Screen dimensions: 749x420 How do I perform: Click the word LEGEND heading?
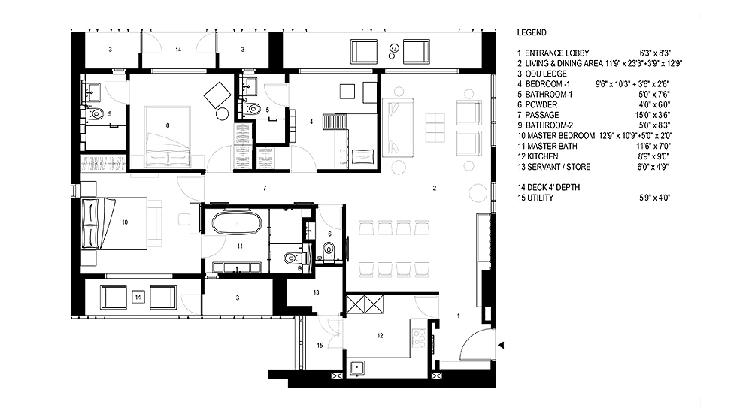[532, 32]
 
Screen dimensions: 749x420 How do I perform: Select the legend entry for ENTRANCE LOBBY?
[553, 53]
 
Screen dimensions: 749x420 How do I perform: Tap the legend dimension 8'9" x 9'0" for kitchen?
[654, 156]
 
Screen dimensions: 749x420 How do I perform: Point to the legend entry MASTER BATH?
[547, 146]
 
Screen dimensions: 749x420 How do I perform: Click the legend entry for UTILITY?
[535, 198]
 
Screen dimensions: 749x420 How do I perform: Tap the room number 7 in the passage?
[265, 188]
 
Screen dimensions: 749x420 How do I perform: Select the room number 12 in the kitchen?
[381, 336]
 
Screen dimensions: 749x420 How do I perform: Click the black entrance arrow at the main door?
[501, 345]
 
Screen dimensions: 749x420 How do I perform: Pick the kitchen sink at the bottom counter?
[357, 368]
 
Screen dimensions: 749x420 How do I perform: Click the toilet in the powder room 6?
[329, 249]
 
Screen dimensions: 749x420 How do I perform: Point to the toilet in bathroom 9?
[96, 113]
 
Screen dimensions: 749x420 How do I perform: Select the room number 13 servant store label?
[317, 292]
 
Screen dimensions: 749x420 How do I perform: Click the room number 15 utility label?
[320, 345]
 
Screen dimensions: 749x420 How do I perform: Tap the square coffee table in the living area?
[435, 125]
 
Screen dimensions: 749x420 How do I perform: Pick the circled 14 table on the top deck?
[393, 49]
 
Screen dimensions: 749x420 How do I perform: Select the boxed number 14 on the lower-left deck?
[138, 297]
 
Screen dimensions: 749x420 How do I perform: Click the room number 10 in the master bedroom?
[125, 222]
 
